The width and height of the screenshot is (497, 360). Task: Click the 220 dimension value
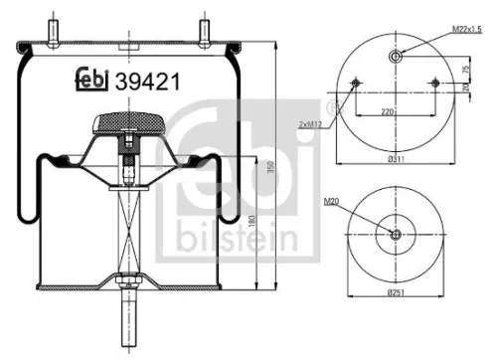coord(395,112)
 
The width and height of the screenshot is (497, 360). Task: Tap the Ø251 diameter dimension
coord(395,295)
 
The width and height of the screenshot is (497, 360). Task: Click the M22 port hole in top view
coord(397,57)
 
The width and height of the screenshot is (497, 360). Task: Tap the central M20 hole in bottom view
coord(396,235)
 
